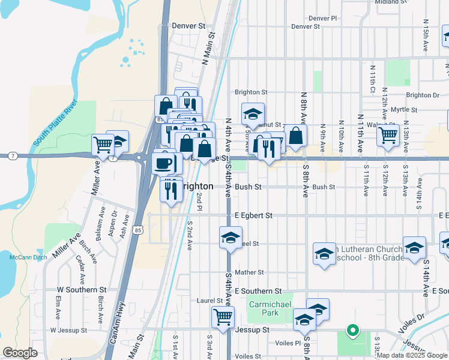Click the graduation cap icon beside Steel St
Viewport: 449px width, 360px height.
pyautogui.click(x=231, y=238)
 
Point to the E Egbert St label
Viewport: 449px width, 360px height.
pyautogui.click(x=253, y=215)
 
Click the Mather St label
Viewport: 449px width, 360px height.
pyautogui.click(x=249, y=272)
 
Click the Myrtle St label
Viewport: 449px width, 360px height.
pyautogui.click(x=403, y=110)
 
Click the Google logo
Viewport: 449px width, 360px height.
pyautogui.click(x=20, y=353)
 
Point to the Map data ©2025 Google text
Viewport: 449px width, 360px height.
pyautogui.click(x=412, y=355)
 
